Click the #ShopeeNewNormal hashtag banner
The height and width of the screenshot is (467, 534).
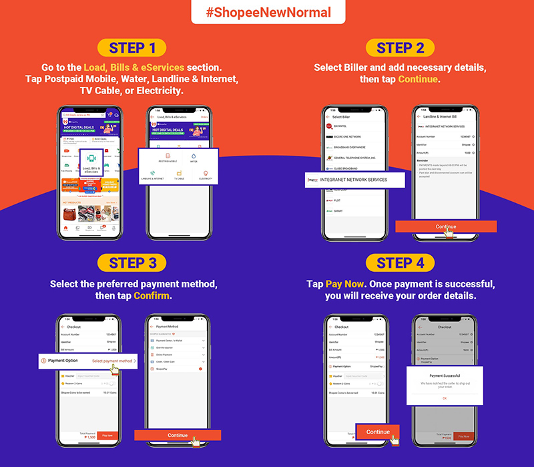tap(267, 13)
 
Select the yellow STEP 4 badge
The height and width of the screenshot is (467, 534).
tap(400, 263)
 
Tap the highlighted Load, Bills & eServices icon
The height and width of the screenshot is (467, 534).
tap(93, 162)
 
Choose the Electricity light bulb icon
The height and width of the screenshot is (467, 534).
tap(205, 175)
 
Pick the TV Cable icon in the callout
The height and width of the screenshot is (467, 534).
tap(179, 175)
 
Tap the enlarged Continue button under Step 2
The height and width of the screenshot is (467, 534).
tap(445, 226)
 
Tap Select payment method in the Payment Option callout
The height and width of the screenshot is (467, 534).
tap(113, 361)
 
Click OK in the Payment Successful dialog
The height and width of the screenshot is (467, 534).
tap(445, 398)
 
